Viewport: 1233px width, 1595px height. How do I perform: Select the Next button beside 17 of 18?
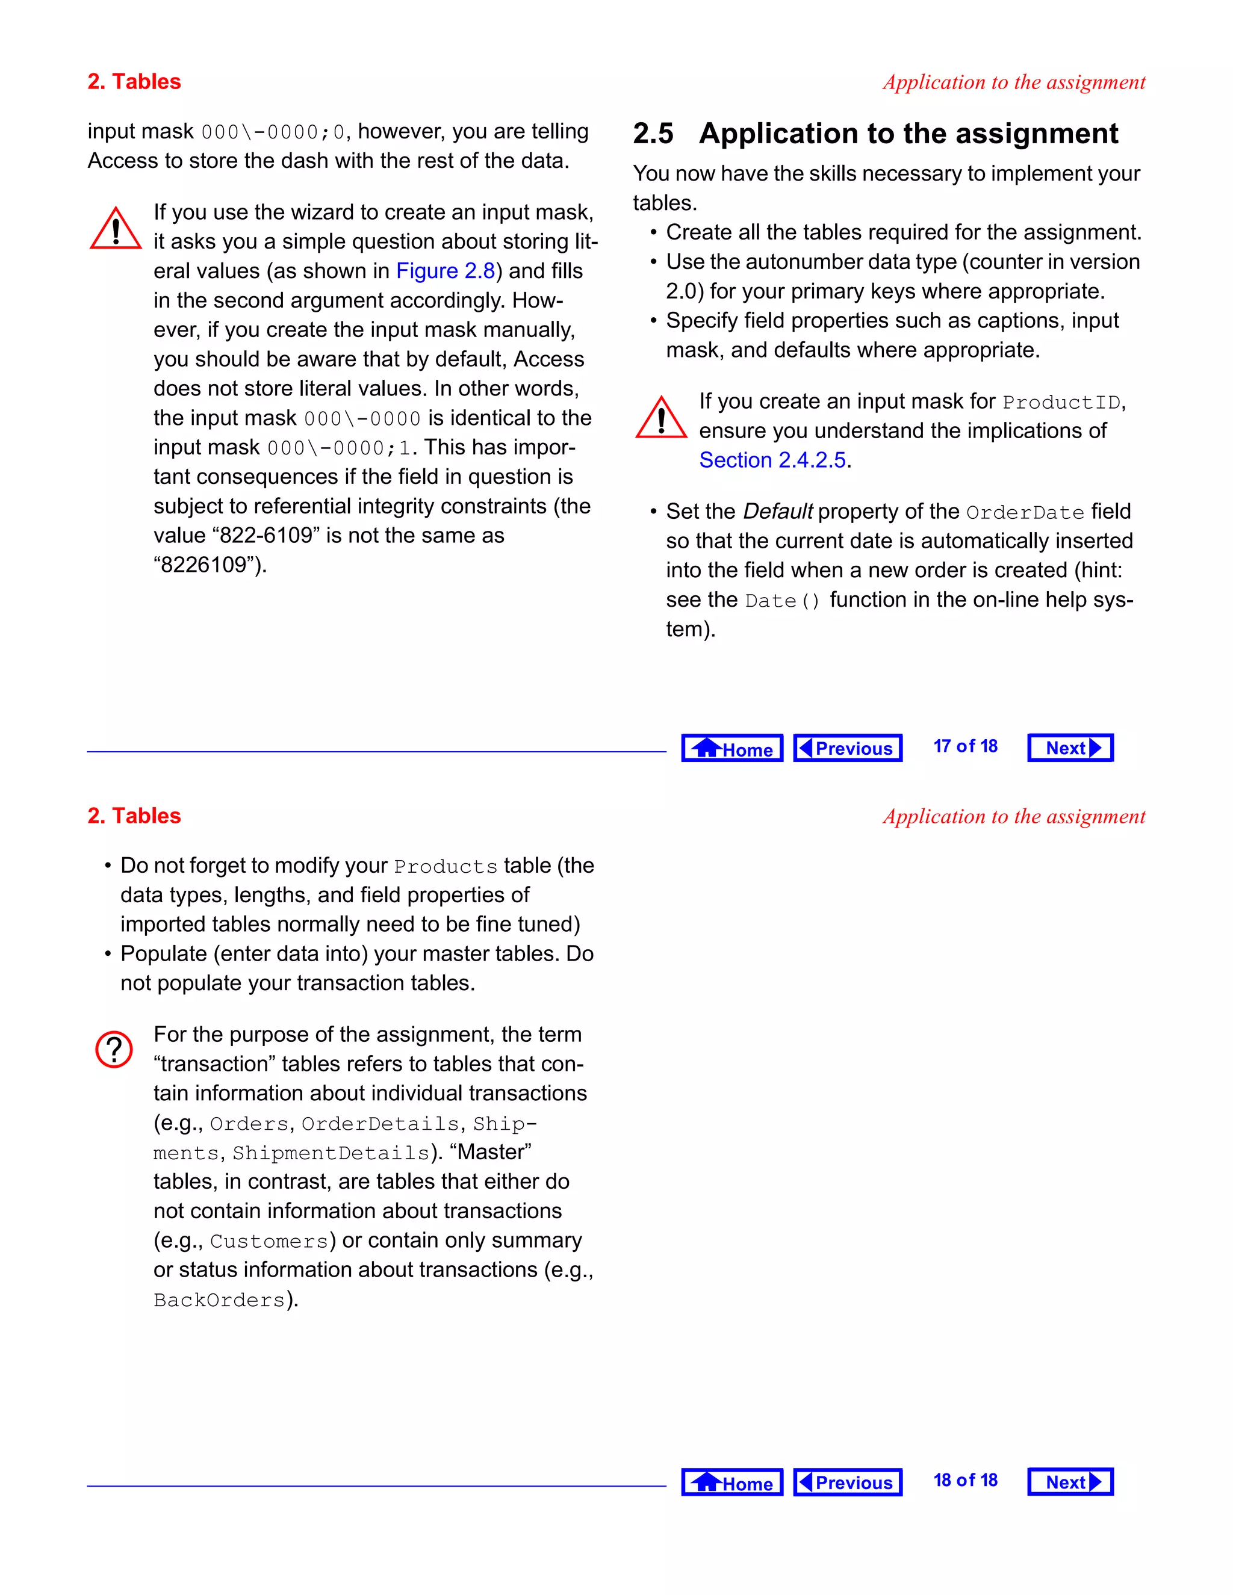1070,748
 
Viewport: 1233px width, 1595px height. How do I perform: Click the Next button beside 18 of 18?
1070,1482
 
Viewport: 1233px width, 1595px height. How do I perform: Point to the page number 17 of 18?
965,746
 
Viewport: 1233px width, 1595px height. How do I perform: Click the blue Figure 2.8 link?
446,271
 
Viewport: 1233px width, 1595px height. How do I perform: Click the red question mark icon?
114,1050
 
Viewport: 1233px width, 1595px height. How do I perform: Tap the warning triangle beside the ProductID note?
661,418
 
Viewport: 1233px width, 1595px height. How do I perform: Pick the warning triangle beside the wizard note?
116,229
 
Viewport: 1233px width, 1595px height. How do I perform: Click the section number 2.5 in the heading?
653,134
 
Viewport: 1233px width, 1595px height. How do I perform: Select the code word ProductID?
1061,403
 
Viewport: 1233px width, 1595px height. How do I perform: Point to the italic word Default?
777,511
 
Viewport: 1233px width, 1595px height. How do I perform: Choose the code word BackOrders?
219,1301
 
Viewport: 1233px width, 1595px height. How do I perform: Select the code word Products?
446,867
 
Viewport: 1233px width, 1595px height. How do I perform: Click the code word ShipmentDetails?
331,1153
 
